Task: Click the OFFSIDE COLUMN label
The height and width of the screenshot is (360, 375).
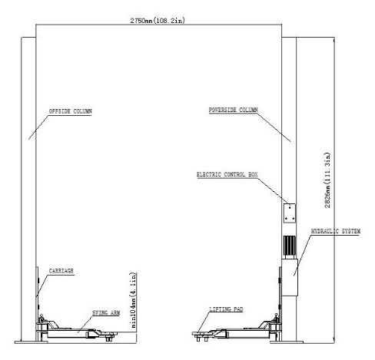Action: [x=70, y=111]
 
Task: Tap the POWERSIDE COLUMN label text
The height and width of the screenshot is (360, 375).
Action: [x=233, y=110]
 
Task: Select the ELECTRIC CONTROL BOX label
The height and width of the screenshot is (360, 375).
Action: [x=227, y=174]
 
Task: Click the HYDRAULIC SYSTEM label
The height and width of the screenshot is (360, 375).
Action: [x=336, y=231]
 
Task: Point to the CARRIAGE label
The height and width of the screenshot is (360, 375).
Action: [x=61, y=271]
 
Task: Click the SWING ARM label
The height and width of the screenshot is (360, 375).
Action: [x=106, y=312]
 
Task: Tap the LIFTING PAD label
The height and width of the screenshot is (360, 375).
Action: [x=226, y=309]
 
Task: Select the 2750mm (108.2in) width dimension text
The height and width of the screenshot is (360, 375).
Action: [x=158, y=21]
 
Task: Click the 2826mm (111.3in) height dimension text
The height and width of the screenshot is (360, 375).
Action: [x=327, y=180]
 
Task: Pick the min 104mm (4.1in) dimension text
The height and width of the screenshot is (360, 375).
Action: [x=133, y=300]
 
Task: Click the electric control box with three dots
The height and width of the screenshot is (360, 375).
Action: [x=289, y=213]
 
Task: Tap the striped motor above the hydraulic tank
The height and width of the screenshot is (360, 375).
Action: [x=290, y=246]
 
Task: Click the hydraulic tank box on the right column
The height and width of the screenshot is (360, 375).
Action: [x=290, y=277]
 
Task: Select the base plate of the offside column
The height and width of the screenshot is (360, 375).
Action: [x=31, y=342]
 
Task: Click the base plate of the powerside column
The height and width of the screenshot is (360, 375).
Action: [x=287, y=342]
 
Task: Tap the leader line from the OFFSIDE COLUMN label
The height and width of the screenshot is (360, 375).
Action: [x=38, y=127]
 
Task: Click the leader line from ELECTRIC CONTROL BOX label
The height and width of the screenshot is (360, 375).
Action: [x=274, y=190]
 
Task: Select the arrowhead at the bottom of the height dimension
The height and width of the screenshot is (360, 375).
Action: [x=334, y=340]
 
